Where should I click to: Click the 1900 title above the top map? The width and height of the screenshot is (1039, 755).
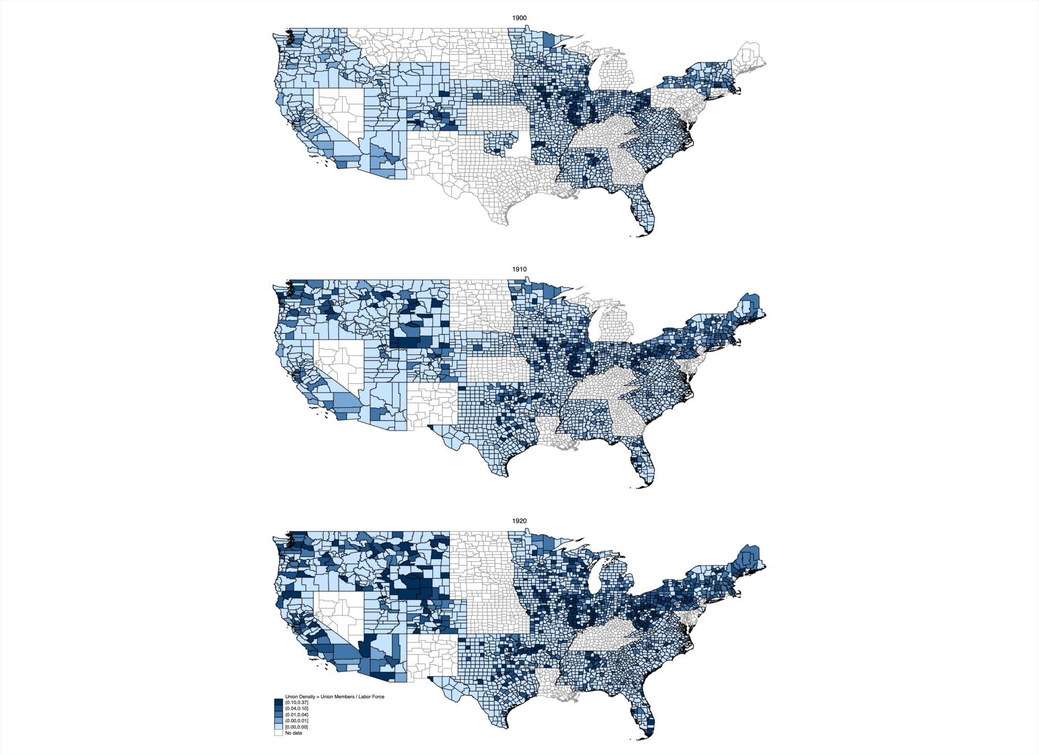point(519,18)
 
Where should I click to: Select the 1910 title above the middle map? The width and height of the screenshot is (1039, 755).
point(519,269)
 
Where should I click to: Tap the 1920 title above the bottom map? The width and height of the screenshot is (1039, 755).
point(519,521)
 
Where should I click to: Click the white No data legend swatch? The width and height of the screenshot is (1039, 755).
point(278,733)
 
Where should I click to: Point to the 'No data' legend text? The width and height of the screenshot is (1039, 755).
point(293,733)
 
